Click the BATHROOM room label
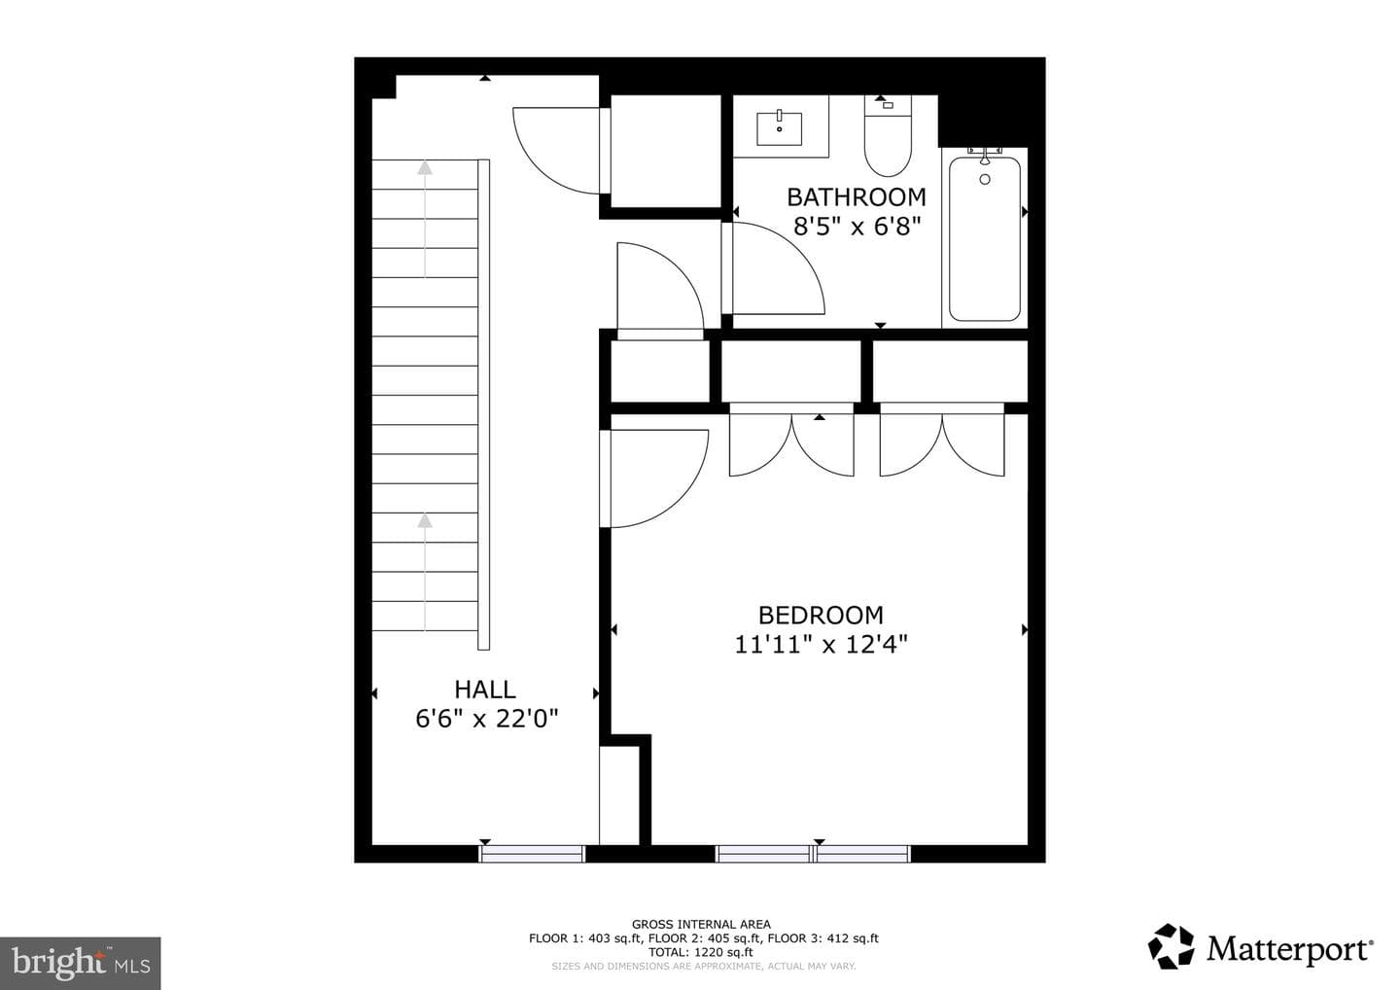pyautogui.click(x=857, y=197)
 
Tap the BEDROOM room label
pyautogui.click(x=821, y=616)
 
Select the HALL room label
pyautogui.click(x=485, y=690)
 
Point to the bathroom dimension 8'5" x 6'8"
pyautogui.click(x=857, y=227)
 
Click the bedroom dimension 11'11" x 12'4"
pyautogui.click(x=821, y=645)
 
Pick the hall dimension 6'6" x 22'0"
pyautogui.click(x=486, y=719)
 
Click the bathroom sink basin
pyautogui.click(x=780, y=128)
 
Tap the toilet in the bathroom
pyautogui.click(x=888, y=136)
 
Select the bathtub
pyautogui.click(x=984, y=238)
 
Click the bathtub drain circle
pyautogui.click(x=985, y=180)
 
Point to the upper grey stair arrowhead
pyautogui.click(x=425, y=167)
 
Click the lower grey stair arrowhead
pyautogui.click(x=425, y=520)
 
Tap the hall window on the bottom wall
pyautogui.click(x=531, y=854)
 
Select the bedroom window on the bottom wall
pyautogui.click(x=813, y=854)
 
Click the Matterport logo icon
pyautogui.click(x=1171, y=947)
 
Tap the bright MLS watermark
pyautogui.click(x=81, y=963)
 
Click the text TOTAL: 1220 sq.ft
pyautogui.click(x=701, y=952)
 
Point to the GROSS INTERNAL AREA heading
pyautogui.click(x=701, y=925)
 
